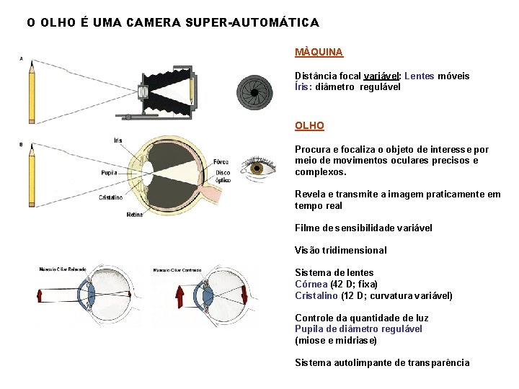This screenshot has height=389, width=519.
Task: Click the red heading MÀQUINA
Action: [x=319, y=52]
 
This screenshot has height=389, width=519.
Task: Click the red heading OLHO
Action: [x=309, y=125]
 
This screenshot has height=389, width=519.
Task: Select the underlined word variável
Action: [x=383, y=76]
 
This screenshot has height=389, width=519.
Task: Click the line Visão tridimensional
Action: [x=340, y=250]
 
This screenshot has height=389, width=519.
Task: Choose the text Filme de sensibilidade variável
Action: [x=363, y=228]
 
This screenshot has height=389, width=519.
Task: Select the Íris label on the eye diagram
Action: [x=117, y=140]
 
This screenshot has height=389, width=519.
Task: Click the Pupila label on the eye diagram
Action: [x=109, y=173]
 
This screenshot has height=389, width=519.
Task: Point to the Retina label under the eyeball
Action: [x=135, y=214]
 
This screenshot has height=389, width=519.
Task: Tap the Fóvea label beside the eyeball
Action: [x=221, y=161]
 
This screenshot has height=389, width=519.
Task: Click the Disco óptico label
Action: [x=223, y=176]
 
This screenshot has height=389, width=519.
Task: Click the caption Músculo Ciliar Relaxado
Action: [x=63, y=269]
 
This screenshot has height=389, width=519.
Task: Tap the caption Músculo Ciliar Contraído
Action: [x=177, y=270]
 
